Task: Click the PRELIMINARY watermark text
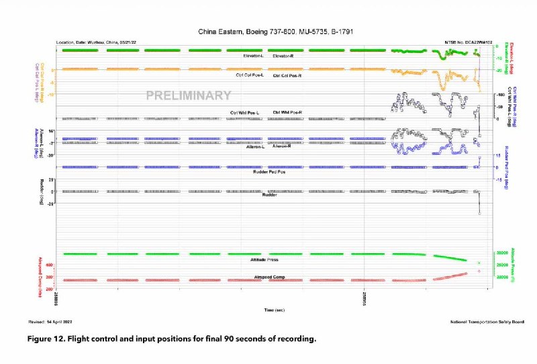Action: point(189,96)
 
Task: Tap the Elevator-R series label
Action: point(287,56)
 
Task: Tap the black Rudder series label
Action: point(269,195)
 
